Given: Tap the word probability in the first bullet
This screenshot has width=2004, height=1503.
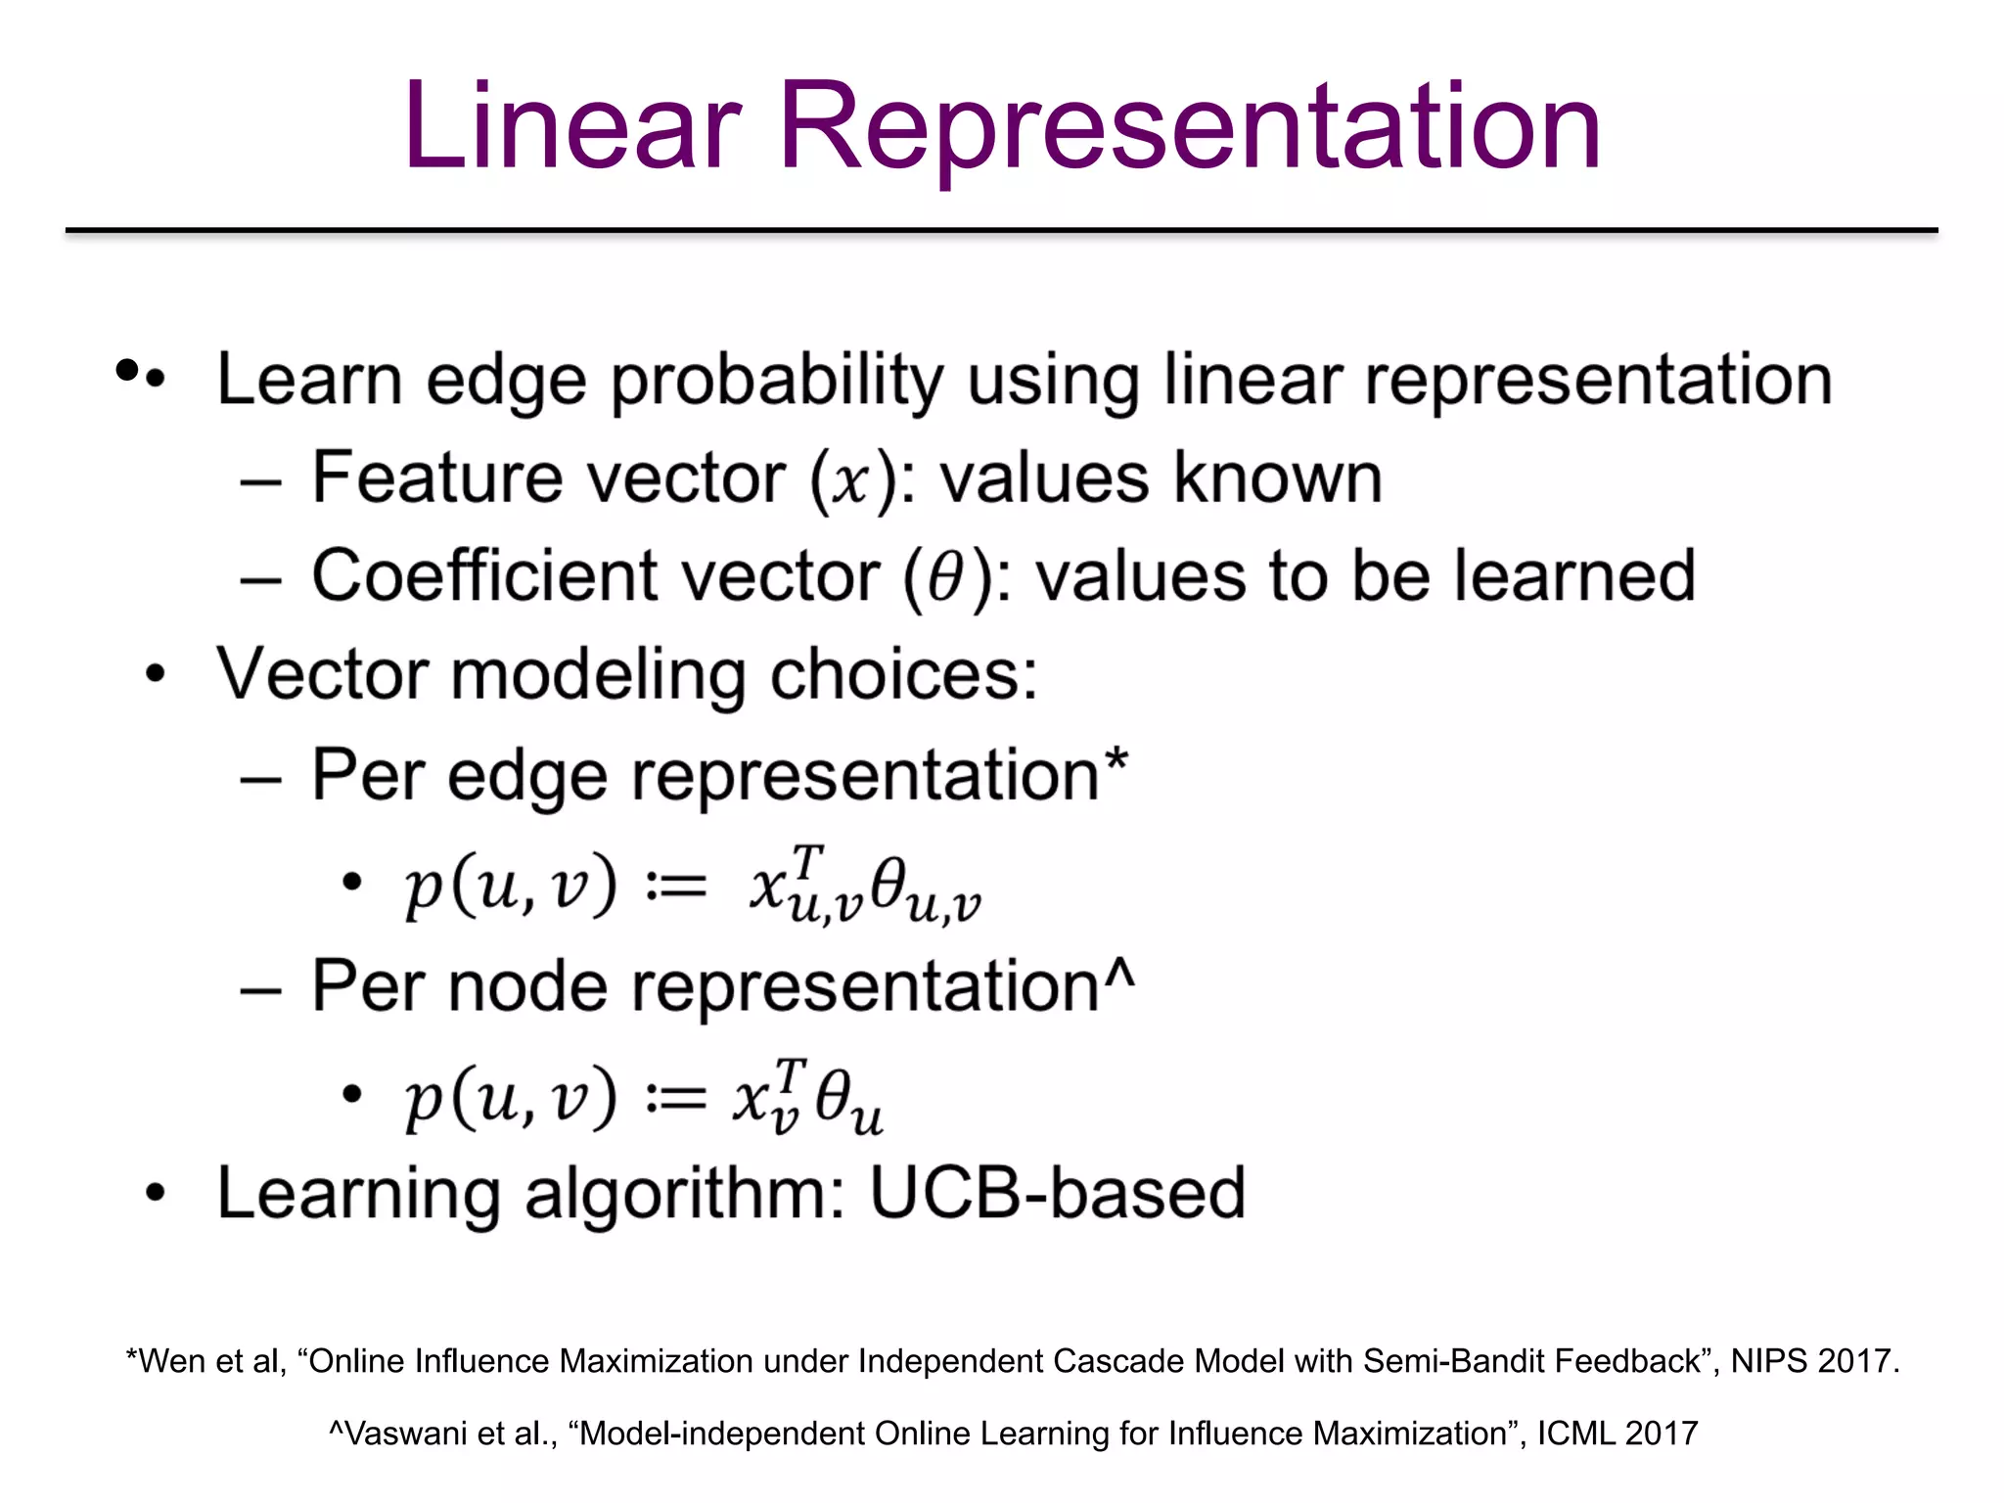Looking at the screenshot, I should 778,382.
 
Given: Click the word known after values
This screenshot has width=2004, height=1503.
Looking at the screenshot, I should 1277,479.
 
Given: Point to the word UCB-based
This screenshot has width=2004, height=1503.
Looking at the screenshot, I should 1057,1194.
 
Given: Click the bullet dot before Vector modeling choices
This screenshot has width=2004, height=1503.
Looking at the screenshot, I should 155,675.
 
